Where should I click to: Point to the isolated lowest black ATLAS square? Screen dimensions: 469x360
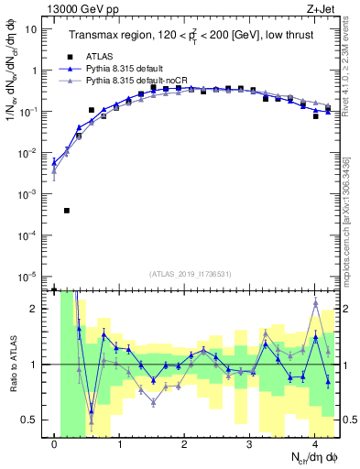(x=67, y=211)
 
